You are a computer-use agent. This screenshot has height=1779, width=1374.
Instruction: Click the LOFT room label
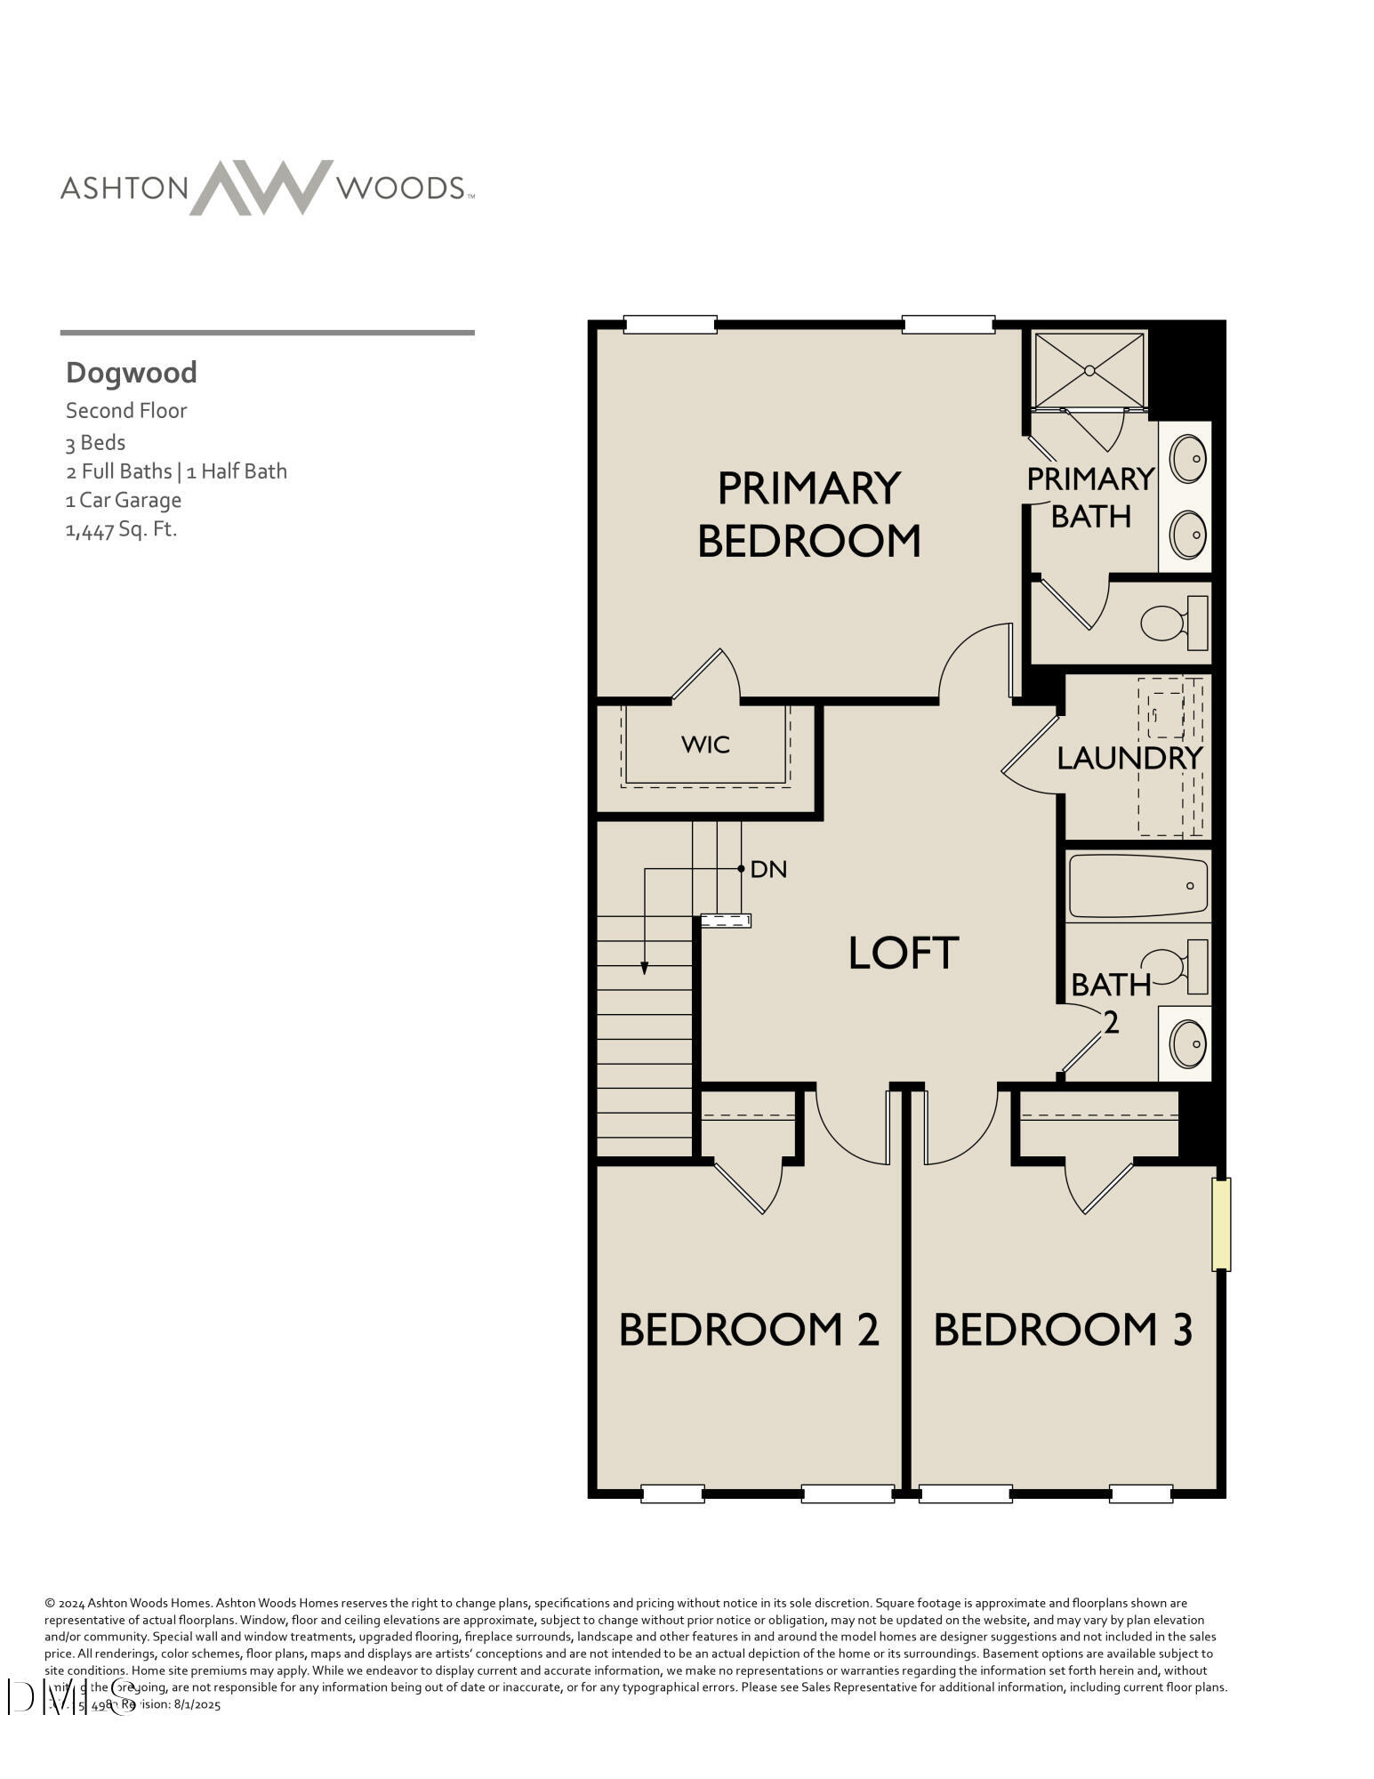(904, 953)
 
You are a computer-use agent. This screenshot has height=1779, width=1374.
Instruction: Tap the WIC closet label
(706, 745)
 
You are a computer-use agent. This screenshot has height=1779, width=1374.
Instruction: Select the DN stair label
(768, 869)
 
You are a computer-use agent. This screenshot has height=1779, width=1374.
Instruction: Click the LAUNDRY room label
(1129, 758)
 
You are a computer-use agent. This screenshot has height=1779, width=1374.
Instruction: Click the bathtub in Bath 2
(1137, 886)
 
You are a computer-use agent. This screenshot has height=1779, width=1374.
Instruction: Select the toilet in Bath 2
(1174, 968)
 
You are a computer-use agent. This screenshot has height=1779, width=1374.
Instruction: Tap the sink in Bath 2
(1187, 1043)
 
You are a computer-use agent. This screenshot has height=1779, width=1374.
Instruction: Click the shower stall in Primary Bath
(1089, 370)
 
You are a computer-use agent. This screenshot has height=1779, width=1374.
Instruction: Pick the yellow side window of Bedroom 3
(1221, 1224)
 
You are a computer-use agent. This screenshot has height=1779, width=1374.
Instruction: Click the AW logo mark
(261, 187)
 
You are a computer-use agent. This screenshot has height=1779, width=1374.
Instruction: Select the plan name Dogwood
(132, 373)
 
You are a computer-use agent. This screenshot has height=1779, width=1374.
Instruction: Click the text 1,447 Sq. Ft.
(122, 530)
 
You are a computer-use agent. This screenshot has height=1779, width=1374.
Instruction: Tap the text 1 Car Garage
(124, 501)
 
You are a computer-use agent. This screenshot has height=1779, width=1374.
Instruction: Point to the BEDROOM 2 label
(749, 1330)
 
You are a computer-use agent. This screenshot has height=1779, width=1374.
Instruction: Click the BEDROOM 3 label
(1063, 1330)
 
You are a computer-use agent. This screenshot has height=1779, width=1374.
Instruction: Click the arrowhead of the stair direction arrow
(645, 969)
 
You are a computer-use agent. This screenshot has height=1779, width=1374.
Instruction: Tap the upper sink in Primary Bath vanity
(1187, 459)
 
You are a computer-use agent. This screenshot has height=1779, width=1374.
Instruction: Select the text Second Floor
(126, 411)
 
